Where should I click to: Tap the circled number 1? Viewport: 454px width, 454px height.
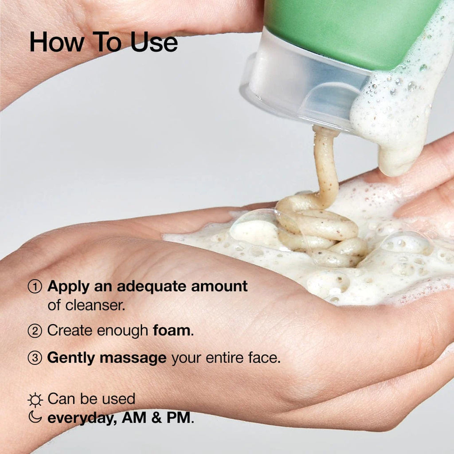[35, 287]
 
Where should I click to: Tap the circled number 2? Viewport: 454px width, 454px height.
[35, 331]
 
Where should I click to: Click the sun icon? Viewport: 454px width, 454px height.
[35, 400]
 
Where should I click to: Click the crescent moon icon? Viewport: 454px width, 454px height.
[35, 417]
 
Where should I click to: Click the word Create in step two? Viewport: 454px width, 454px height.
[68, 331]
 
